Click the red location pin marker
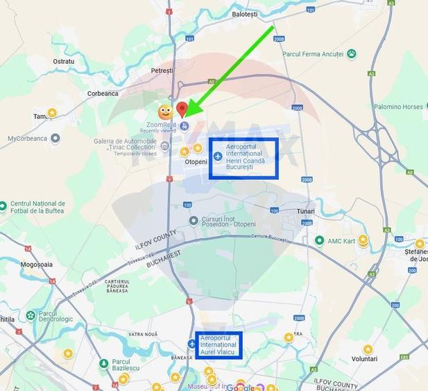(182, 110)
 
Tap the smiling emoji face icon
(165, 111)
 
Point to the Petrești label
(162, 71)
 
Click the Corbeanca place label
(103, 93)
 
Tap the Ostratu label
(63, 61)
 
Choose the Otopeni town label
(196, 162)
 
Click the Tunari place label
(305, 211)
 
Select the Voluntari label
(364, 358)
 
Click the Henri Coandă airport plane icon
(219, 157)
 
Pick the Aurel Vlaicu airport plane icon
(192, 344)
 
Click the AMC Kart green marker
(319, 240)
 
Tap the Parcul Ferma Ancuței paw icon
(352, 53)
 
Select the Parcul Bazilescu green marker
(103, 363)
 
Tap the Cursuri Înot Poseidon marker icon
(194, 221)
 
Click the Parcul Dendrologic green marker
(31, 316)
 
